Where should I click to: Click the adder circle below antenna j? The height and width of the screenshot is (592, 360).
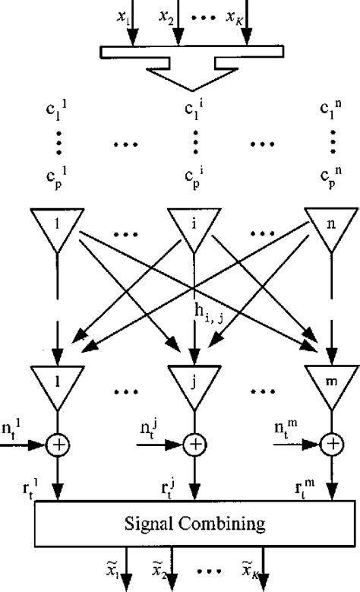[195, 442]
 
